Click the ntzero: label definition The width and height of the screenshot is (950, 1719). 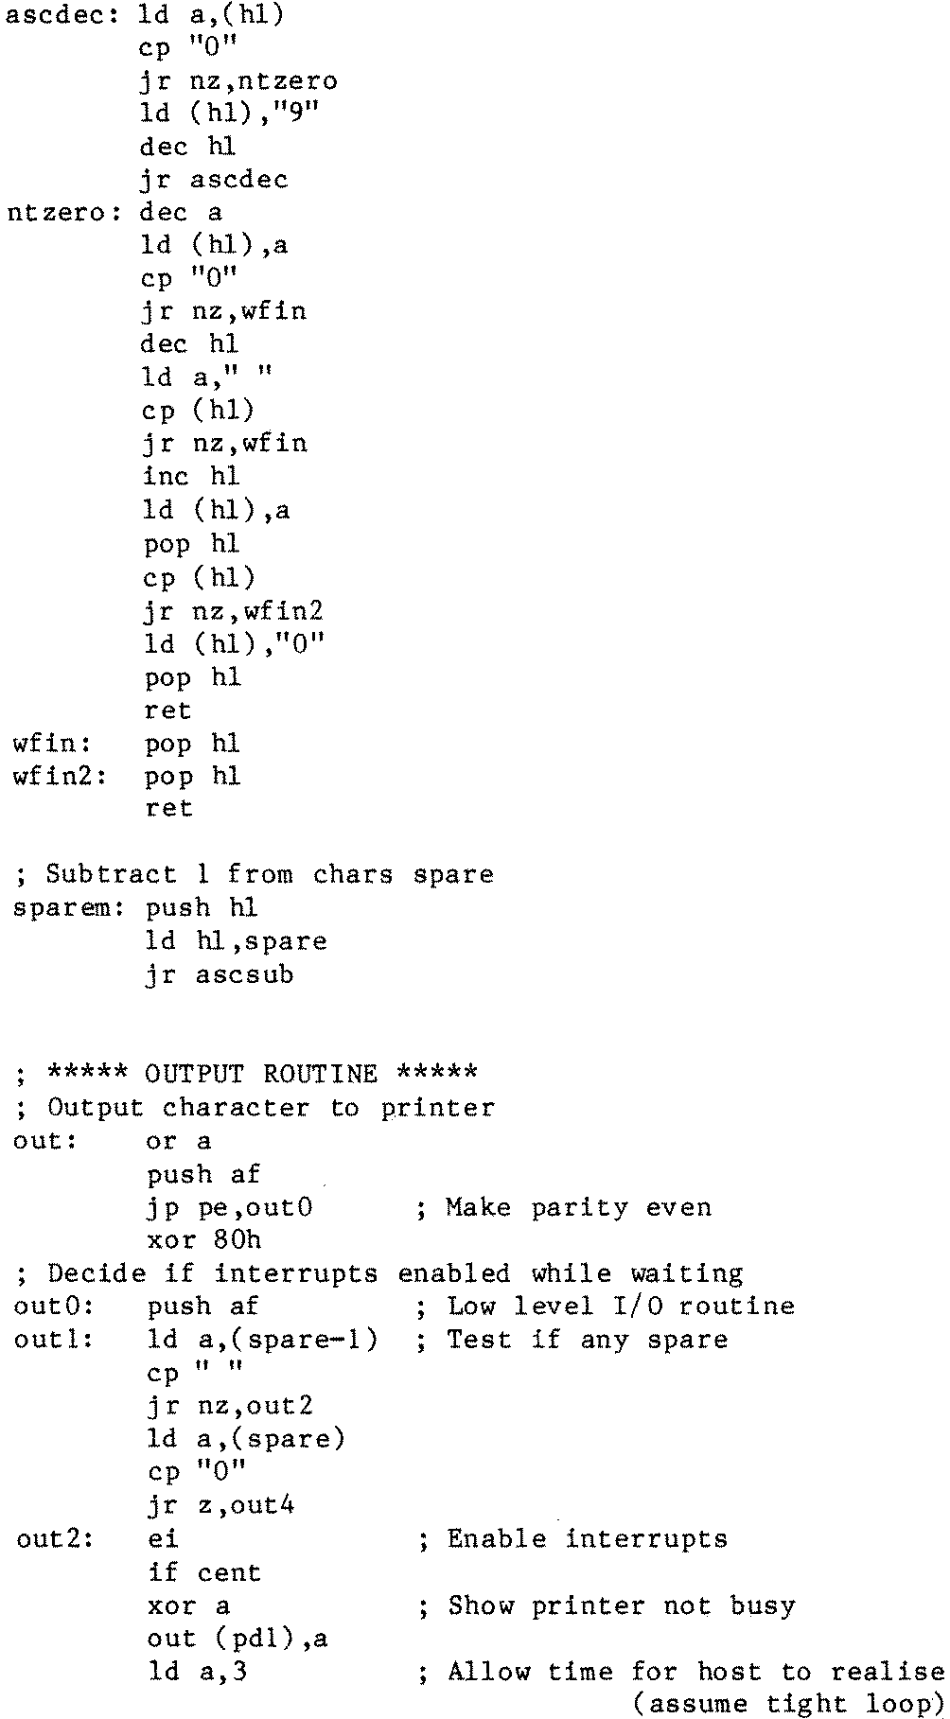pyautogui.click(x=63, y=214)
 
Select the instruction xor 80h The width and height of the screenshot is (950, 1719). pyautogui.click(x=204, y=1240)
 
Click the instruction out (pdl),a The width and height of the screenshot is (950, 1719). pyautogui.click(x=237, y=1639)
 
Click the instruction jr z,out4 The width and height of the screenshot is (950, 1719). pyautogui.click(x=220, y=1505)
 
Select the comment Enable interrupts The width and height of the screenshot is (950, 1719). pyautogui.click(x=587, y=1539)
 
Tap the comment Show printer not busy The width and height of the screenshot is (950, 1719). pyautogui.click(x=621, y=1605)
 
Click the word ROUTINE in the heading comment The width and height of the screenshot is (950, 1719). pyautogui.click(x=320, y=1075)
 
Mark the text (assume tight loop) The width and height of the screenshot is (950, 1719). pyautogui.click(x=787, y=1705)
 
